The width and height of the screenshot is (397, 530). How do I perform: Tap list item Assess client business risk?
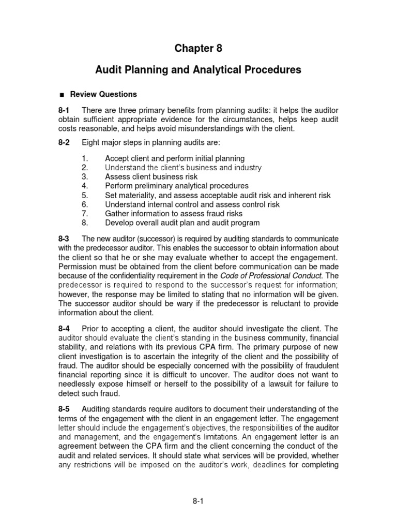(151, 176)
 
